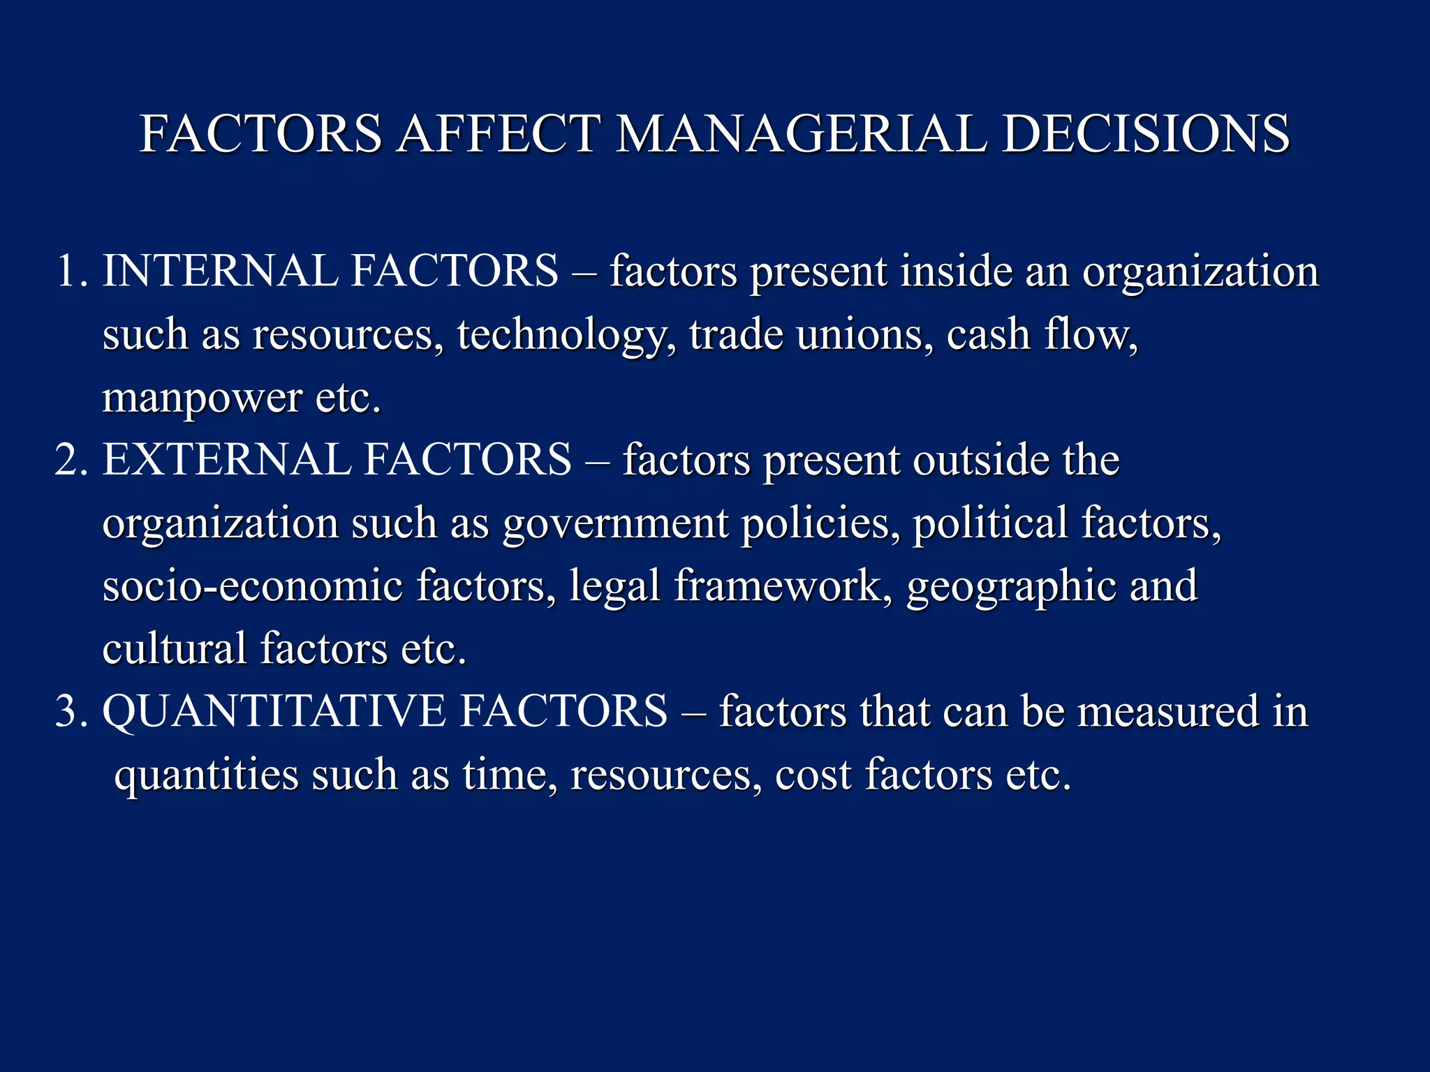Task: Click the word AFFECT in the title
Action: tap(499, 133)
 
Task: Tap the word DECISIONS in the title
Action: tap(1145, 133)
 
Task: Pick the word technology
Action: tap(566, 335)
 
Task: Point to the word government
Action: tap(615, 523)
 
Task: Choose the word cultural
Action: tap(175, 648)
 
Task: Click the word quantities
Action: tap(206, 775)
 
